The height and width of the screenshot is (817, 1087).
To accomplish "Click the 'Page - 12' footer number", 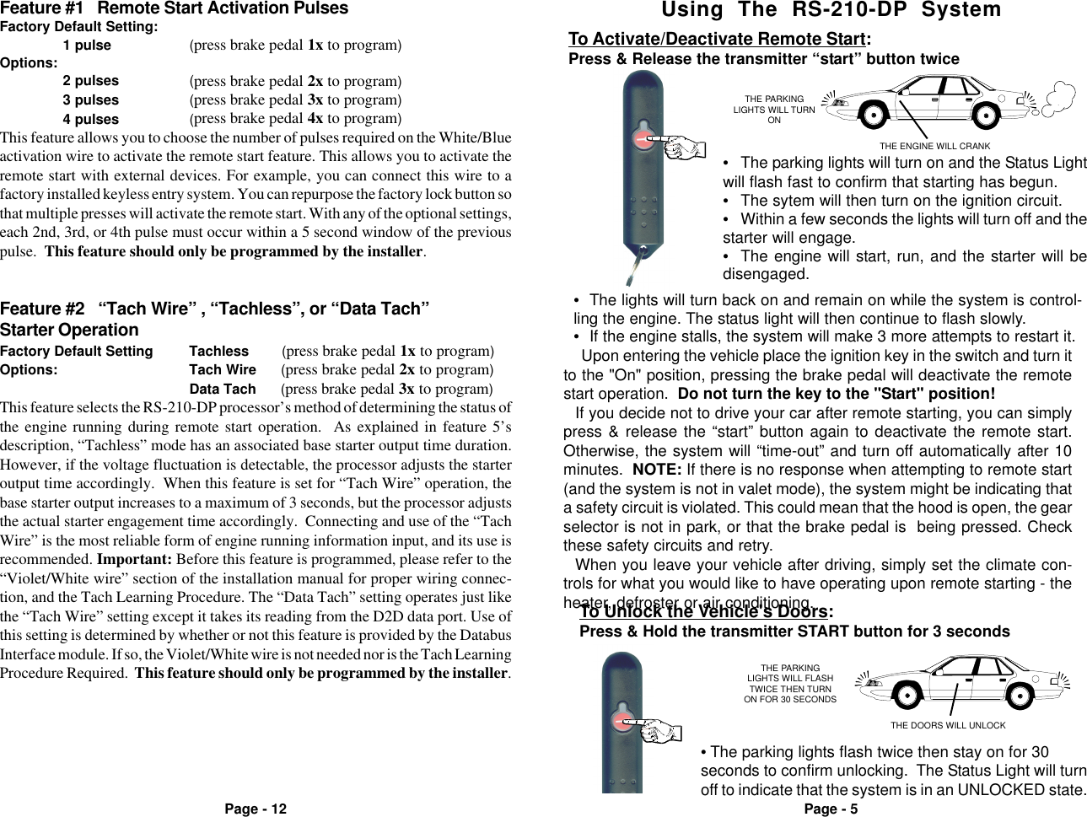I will (255, 809).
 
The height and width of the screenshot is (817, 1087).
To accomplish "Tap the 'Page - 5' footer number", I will (831, 809).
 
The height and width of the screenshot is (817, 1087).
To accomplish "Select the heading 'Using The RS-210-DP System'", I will (831, 11).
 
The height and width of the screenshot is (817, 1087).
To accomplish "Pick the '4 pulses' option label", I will (90, 120).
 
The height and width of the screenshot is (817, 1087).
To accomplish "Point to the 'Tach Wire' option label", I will (222, 370).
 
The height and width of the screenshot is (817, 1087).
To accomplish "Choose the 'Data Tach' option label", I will (222, 390).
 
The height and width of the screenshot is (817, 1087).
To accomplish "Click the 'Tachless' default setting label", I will (218, 352).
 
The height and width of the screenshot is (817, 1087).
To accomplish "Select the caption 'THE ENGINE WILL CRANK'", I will (934, 147).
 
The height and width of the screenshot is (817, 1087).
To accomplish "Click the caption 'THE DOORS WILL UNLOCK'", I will (948, 725).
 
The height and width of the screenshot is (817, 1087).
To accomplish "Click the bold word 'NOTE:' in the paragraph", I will (658, 470).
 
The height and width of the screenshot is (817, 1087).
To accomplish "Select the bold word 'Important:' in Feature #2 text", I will (132, 560).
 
